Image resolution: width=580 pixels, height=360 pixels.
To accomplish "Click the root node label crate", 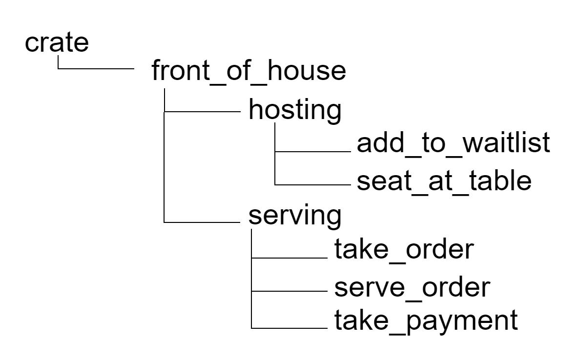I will pyautogui.click(x=57, y=42).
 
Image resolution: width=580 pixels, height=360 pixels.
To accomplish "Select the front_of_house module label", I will pyautogui.click(x=249, y=72).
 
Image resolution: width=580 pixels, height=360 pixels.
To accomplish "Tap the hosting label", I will pyautogui.click(x=295, y=111).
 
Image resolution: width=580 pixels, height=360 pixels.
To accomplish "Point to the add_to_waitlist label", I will pyautogui.click(x=454, y=143).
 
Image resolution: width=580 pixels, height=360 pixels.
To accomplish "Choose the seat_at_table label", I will pyautogui.click(x=444, y=181).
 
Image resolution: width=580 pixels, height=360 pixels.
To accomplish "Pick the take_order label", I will pyautogui.click(x=404, y=250).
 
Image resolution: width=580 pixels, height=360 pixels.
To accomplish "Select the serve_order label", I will pyautogui.click(x=411, y=287).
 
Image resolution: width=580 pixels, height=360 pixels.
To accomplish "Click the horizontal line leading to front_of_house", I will pyautogui.click(x=96, y=69).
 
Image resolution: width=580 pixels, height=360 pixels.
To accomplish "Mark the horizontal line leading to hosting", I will pyautogui.click(x=203, y=111).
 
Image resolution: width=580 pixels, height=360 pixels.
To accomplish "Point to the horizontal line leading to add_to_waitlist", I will pyautogui.click(x=312, y=152).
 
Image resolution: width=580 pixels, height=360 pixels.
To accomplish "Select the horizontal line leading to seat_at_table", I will pyautogui.click(x=312, y=185).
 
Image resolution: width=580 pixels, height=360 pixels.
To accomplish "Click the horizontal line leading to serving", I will pyautogui.click(x=203, y=222).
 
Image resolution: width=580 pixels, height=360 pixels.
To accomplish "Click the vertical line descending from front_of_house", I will pyautogui.click(x=165, y=156).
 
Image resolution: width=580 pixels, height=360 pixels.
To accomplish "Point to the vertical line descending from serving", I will pyautogui.click(x=250, y=278).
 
